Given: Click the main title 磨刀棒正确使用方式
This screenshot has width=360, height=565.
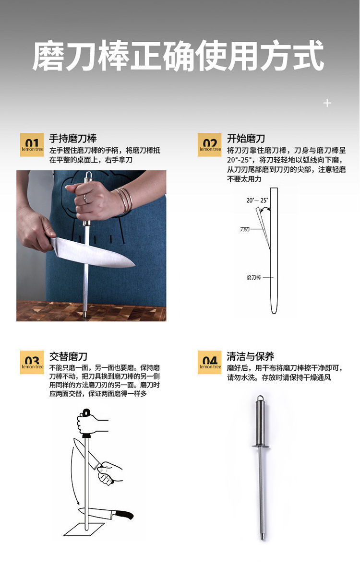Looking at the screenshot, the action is [178, 56].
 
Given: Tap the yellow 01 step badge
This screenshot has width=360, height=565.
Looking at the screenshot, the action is [32, 145].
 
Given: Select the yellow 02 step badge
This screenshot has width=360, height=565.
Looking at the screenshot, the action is [210, 145].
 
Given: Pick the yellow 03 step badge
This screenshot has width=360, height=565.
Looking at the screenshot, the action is [32, 363].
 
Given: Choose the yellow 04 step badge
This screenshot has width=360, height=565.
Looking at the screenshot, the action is [210, 363].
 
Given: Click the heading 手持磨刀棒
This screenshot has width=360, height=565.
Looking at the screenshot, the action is [73, 138].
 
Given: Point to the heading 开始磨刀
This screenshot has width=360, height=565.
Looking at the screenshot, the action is [246, 138].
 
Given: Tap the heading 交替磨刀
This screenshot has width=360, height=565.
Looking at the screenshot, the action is [69, 356].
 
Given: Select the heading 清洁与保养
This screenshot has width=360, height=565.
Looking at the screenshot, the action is [251, 356].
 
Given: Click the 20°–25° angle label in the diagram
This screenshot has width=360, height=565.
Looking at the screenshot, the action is [257, 200].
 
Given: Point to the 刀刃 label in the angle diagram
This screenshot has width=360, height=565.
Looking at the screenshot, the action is [245, 229].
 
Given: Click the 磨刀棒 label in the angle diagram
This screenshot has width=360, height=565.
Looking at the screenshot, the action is [253, 277].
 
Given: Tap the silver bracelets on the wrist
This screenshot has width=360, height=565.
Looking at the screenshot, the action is [124, 199].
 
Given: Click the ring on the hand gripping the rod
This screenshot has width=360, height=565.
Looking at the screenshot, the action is [85, 199].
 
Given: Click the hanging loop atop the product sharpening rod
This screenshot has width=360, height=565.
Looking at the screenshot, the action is [260, 399].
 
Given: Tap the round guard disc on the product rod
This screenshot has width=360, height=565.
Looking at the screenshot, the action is [261, 447].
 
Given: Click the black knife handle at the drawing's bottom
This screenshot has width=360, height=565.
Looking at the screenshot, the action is [123, 515].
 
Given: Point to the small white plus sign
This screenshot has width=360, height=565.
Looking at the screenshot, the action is [327, 104].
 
